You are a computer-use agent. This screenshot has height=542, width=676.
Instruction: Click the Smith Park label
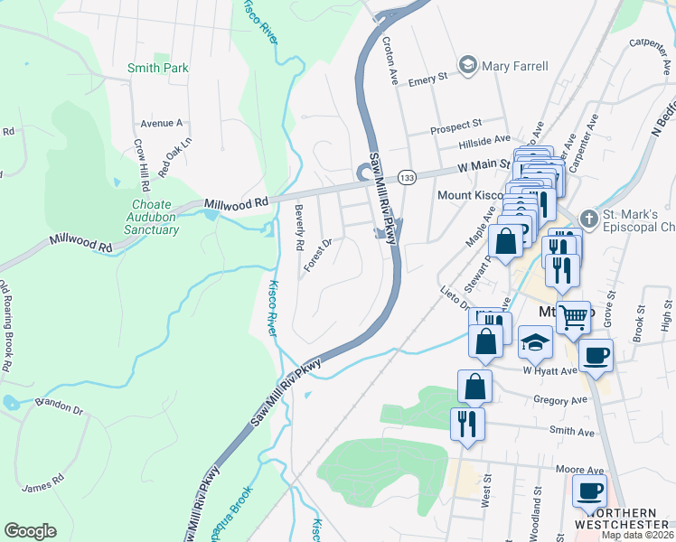[x=157, y=68]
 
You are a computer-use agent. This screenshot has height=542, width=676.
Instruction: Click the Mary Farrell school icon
[x=467, y=64]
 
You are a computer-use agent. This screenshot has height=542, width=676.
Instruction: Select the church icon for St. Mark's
[x=588, y=220]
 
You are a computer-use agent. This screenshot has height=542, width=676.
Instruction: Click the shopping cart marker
[x=573, y=316]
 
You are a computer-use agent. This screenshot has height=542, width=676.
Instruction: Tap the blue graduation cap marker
[x=536, y=343]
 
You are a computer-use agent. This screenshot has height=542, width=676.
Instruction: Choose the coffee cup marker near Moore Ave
[x=589, y=491]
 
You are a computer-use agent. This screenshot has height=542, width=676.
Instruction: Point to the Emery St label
[x=428, y=80]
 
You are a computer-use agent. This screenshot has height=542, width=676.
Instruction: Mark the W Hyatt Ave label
[x=549, y=371]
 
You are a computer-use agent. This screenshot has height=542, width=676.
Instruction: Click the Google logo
[x=30, y=531]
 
